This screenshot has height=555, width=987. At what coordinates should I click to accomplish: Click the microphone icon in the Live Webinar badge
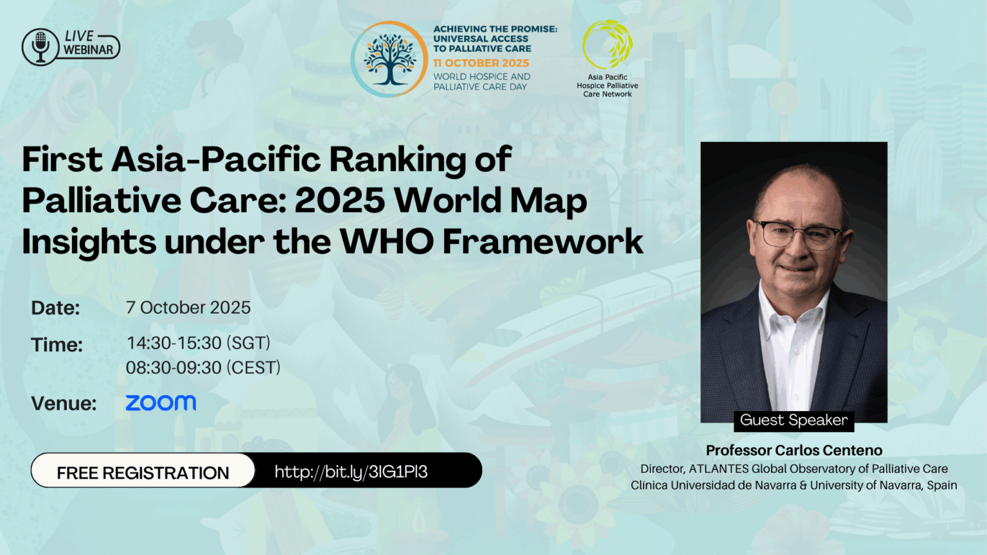pos(40,46)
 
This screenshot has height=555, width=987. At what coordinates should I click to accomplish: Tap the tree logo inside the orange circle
pos(389,59)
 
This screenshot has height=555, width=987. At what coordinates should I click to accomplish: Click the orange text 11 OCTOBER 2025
pos(481,63)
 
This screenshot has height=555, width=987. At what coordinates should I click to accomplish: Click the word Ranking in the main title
pos(398,159)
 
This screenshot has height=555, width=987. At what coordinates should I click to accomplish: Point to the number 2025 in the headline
pos(340,200)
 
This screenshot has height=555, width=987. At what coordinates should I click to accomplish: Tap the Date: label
pos(55,308)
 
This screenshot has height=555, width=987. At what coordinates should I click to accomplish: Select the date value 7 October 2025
pos(188,308)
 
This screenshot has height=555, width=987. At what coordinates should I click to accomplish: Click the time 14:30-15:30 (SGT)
pos(199,343)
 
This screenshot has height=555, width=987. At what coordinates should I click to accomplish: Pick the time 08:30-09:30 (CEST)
pos(203,367)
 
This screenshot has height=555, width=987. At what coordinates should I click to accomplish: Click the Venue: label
pos(64,403)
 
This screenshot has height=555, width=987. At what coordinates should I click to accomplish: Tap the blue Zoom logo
pos(161,403)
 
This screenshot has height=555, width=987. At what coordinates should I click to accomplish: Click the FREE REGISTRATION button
pos(143,473)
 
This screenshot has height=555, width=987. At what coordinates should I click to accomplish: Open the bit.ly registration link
pos(351,472)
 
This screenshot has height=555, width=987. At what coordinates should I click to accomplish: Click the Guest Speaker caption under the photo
pos(794,420)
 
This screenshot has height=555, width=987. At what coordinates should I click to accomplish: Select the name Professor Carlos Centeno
pos(794,450)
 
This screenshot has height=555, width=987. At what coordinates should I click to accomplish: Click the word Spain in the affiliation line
pos(941,486)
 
